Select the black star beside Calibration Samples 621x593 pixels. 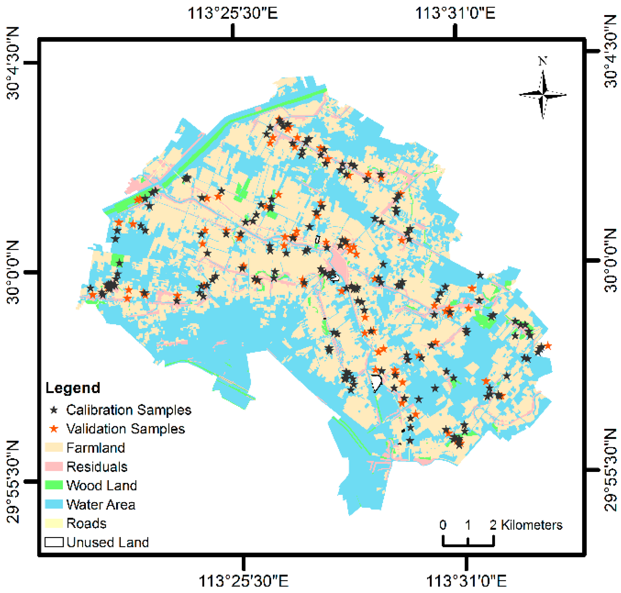point(54,410)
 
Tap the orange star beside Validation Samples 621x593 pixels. point(54,429)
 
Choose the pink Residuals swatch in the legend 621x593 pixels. point(54,466)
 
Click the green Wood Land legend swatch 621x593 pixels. point(54,485)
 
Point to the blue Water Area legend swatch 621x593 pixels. point(54,504)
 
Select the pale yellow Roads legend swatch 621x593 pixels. point(54,523)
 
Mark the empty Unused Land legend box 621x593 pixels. point(54,542)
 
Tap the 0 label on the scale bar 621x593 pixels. point(443,525)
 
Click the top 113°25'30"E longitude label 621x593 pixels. point(233,13)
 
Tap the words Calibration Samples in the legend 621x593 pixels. point(129,410)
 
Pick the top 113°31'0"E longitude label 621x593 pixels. point(455,13)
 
